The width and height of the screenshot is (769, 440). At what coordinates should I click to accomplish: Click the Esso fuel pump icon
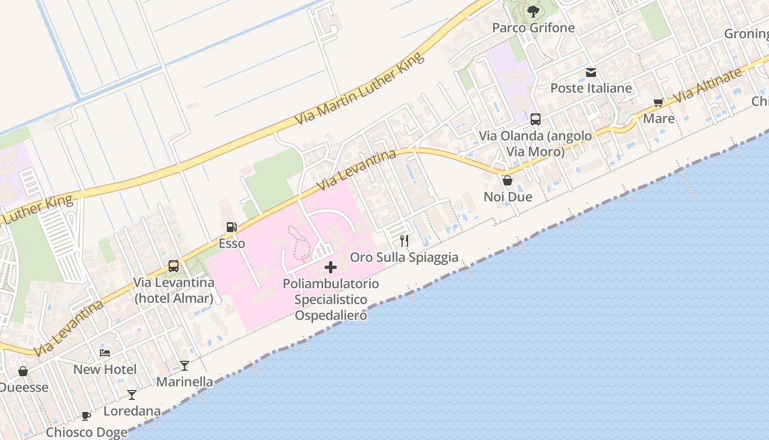pos(232,227)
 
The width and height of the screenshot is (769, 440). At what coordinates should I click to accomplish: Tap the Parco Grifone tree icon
pos(533,11)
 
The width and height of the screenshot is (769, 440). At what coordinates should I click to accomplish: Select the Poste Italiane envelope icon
pos(591,72)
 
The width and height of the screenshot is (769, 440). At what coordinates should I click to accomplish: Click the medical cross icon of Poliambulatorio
pos(331,267)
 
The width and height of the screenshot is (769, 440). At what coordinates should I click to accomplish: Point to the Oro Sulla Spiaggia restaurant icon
pos(404,241)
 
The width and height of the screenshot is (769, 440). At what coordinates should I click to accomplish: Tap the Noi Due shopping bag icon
pos(508,180)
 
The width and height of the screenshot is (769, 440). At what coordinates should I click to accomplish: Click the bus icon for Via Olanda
pos(535,119)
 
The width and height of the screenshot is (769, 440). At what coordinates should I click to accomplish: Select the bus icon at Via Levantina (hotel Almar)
pos(174,266)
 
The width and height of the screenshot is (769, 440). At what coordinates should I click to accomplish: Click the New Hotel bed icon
pos(105,353)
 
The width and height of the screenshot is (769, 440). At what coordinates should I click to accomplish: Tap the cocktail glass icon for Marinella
pos(185,365)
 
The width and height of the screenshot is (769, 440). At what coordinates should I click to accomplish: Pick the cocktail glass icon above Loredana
pos(132,395)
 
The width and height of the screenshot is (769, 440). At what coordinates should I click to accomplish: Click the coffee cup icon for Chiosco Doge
pos(86,416)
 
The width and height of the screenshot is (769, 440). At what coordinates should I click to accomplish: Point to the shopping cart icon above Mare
pos(659,102)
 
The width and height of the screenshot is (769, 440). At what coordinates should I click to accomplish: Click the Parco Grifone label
pos(533,28)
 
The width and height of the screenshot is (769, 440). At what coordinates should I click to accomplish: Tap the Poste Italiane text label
pos(591,88)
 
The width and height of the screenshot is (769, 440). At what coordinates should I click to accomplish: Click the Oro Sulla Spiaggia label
pos(404,257)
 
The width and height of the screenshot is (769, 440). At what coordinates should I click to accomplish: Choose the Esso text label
pos(232,243)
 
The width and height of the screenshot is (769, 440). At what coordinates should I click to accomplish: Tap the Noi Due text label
pos(508,197)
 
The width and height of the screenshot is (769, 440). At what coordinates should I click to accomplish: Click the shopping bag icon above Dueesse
pos(23,371)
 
